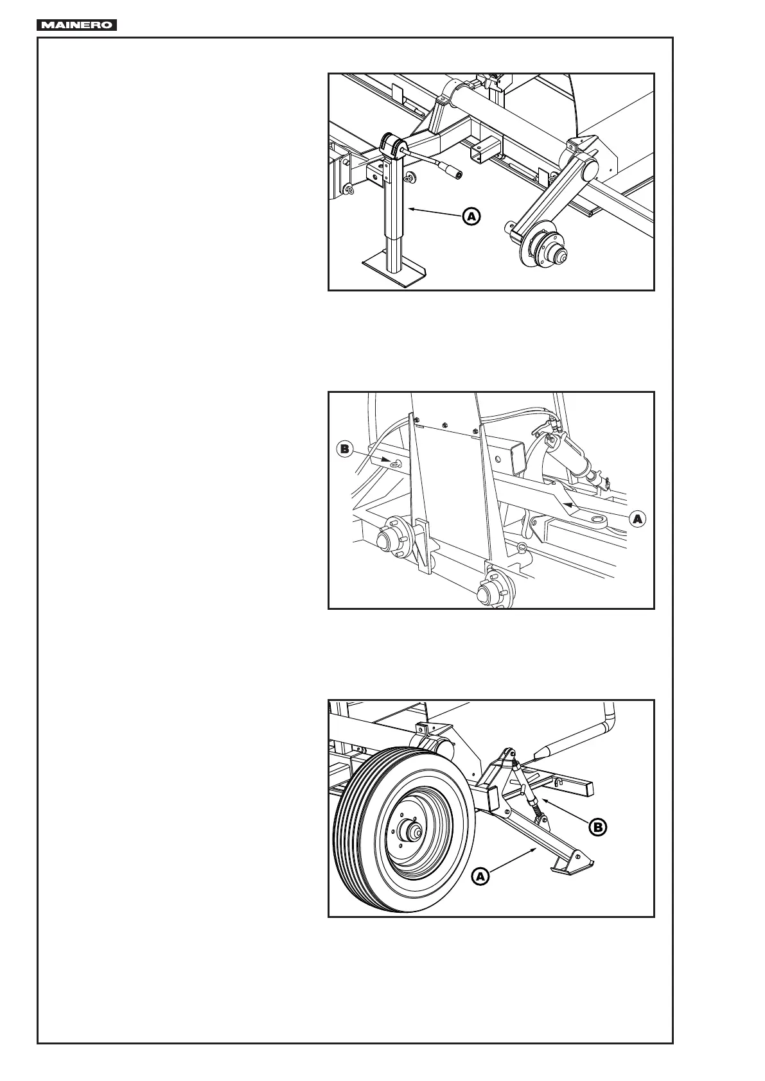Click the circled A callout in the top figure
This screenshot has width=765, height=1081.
[471, 216]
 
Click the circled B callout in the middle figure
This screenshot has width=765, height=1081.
[344, 449]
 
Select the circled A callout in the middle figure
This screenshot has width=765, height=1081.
[637, 519]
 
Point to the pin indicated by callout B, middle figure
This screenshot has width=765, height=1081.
[395, 462]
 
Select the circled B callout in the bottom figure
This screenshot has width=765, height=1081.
[597, 827]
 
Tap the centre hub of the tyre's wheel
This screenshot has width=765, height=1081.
[410, 833]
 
